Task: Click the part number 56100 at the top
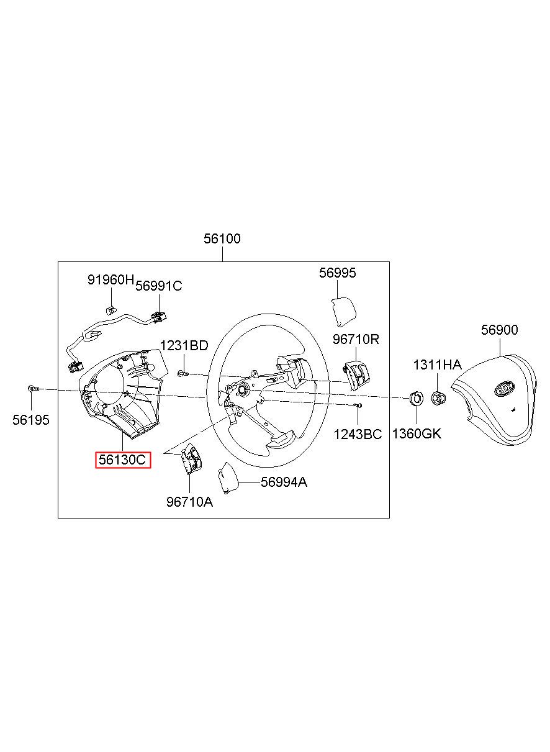coord(222,238)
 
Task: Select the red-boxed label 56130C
coord(122,460)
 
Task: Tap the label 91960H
coord(110,280)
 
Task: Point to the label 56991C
coord(159,286)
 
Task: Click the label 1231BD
coord(184,346)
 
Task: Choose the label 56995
coord(338,273)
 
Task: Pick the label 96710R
coord(356,339)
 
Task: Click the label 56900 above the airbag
coord(499,330)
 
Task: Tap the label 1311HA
coord(438,365)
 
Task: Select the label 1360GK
coord(417,433)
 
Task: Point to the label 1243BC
coord(358,433)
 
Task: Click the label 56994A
coord(284,482)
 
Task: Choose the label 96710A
coord(189,502)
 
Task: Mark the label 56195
coord(30,420)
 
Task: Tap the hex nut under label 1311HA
coord(438,397)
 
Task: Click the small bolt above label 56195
coord(33,389)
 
